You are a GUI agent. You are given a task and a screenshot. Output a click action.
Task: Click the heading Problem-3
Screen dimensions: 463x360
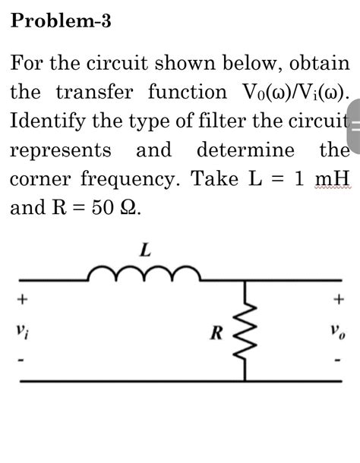(x=62, y=22)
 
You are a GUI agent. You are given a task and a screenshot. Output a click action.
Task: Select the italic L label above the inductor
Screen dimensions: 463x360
(x=145, y=247)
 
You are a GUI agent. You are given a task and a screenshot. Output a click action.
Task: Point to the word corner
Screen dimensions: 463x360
(x=42, y=179)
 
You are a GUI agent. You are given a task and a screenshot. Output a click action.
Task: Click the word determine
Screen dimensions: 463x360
(x=245, y=150)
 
